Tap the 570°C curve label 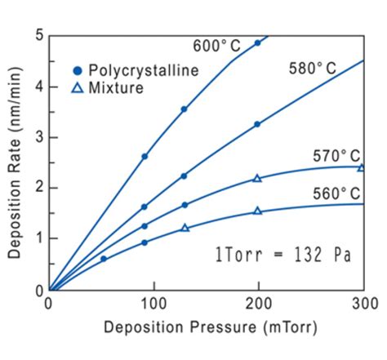tap(336, 155)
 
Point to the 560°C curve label tap(336, 193)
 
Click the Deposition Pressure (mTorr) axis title tap(210, 328)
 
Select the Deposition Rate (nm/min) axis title tap(15, 163)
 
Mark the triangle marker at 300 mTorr tap(362, 167)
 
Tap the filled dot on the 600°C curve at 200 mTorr tap(257, 43)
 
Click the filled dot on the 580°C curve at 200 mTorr tap(257, 124)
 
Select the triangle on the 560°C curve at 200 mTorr tap(257, 211)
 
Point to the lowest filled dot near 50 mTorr tap(103, 258)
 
